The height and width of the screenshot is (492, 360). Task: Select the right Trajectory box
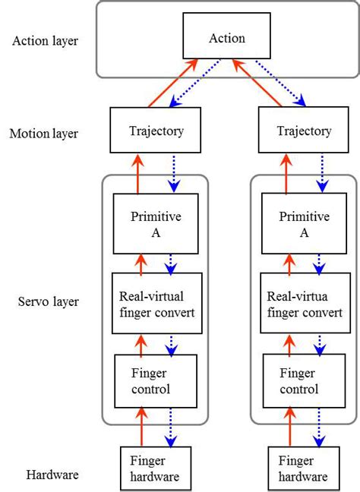303,131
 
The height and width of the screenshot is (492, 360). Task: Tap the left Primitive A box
155,223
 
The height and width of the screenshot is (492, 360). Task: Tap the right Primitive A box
304,223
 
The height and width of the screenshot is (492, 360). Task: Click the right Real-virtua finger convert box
304,303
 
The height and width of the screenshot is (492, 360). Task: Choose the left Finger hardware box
155,468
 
